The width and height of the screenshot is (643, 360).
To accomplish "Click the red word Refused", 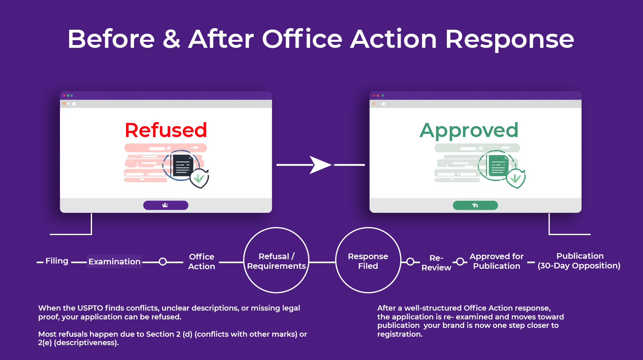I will tap(166, 130).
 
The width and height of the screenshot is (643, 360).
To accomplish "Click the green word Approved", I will tap(469, 130).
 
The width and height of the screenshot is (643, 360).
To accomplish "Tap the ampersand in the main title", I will tap(172, 39).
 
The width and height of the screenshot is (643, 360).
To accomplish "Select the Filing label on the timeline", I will tap(57, 261).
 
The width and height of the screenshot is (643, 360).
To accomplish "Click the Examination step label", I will tap(115, 262).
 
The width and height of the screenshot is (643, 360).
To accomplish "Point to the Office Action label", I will tap(202, 262).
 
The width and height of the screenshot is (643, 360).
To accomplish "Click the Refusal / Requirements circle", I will tap(276, 261).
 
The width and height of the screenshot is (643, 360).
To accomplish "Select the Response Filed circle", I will tap(368, 261).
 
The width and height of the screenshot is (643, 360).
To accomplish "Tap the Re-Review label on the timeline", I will tap(436, 263).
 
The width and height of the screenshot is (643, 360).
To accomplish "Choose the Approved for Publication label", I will tap(496, 261).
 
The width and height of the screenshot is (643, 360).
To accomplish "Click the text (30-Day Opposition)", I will tap(579, 266).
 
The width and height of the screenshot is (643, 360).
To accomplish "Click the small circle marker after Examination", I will tap(163, 262).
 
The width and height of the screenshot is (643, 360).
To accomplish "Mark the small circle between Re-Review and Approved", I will tap(460, 262).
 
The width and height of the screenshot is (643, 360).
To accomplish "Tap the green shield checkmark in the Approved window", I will tap(516, 178).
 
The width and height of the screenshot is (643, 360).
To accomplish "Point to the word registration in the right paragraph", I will tap(399, 334).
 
